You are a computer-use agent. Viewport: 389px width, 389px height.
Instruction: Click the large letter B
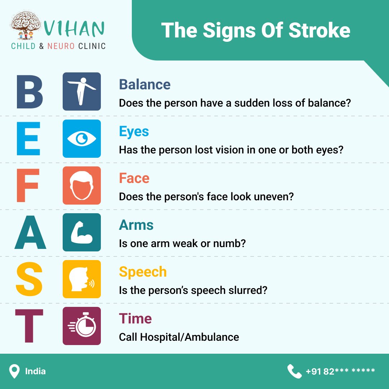click(x=30, y=91)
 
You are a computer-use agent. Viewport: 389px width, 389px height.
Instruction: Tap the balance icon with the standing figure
click(x=82, y=91)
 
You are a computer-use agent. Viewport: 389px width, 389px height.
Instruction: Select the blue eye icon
click(x=82, y=138)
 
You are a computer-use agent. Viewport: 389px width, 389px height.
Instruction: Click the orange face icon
click(x=82, y=185)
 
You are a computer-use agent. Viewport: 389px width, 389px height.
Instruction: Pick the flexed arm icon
click(x=82, y=232)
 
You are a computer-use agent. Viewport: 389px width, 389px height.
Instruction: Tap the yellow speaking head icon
click(x=82, y=279)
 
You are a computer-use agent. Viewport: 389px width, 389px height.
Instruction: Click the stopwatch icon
click(x=82, y=326)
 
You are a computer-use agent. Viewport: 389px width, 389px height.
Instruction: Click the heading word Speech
click(x=143, y=272)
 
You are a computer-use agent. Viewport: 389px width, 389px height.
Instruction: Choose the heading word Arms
click(x=136, y=225)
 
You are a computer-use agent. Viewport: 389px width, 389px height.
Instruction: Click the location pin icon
click(x=14, y=371)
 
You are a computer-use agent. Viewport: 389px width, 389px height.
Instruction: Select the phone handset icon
click(x=294, y=371)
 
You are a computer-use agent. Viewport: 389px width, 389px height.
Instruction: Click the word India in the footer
click(x=35, y=371)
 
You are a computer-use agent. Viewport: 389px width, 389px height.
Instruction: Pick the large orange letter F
click(x=27, y=185)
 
